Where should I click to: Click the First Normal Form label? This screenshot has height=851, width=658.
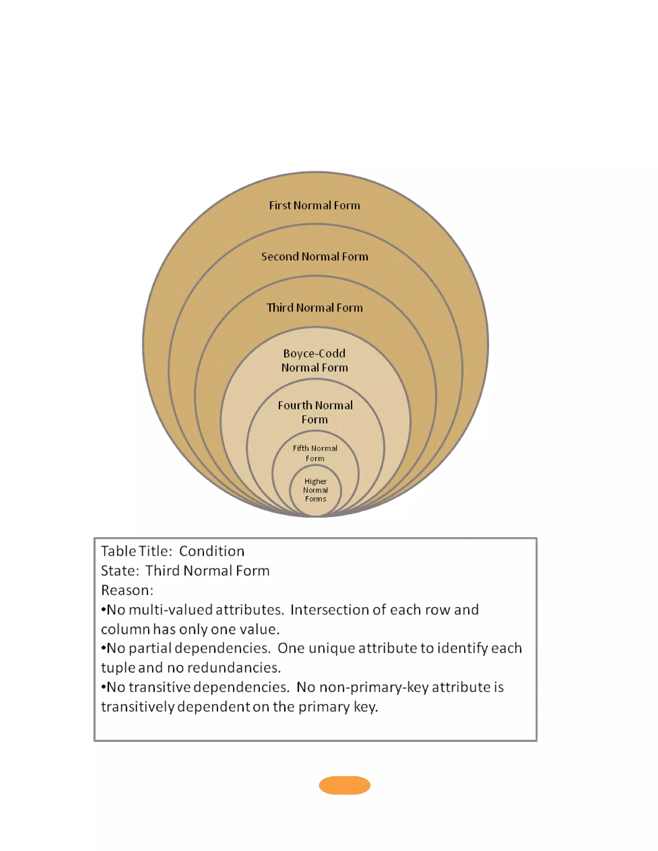coord(314,205)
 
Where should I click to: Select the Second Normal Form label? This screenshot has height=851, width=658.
coord(314,256)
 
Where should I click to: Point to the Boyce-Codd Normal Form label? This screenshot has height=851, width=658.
coord(314,360)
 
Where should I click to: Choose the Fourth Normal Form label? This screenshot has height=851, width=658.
coord(315,412)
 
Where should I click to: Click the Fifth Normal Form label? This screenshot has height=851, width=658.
coord(315,453)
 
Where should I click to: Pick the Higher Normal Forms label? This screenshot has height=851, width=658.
coord(316,490)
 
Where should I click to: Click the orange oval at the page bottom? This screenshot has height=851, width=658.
coord(344,785)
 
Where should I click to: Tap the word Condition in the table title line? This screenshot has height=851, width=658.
coord(212,551)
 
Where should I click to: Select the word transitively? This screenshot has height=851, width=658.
coord(137,707)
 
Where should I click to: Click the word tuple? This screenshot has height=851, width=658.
coord(118,668)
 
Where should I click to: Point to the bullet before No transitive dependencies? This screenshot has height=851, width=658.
coord(103,687)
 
